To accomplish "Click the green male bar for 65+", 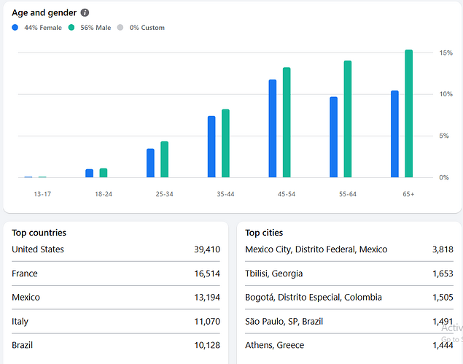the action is (x=408, y=114).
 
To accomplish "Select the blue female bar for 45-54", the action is (x=273, y=128).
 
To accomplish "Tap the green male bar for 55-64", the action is (x=348, y=119).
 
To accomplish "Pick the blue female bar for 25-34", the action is (x=150, y=163).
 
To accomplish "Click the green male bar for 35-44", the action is (x=225, y=143).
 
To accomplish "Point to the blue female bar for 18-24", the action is (x=89, y=173).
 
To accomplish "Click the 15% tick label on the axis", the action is (x=446, y=53).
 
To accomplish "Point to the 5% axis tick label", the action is (x=444, y=136).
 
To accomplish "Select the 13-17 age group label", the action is (x=42, y=194).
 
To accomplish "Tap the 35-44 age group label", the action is (x=225, y=194).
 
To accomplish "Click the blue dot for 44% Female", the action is (x=15, y=28).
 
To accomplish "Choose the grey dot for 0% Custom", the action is (x=120, y=28).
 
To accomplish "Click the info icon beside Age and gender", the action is (x=85, y=12).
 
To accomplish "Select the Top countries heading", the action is (x=39, y=233).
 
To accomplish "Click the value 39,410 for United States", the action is (x=207, y=249).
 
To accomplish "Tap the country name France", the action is (x=25, y=274).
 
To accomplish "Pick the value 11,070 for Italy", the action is (x=207, y=322).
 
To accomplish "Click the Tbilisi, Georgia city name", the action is (x=273, y=274).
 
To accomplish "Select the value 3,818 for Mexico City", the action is (x=443, y=249).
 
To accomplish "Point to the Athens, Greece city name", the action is (x=275, y=345).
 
